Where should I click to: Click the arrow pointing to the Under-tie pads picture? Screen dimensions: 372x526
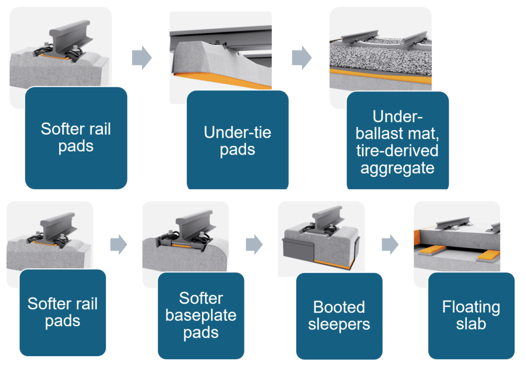coord(142,58)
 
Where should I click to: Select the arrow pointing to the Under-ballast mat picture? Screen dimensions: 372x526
coord(302,58)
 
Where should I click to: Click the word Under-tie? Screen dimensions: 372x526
coord(237,133)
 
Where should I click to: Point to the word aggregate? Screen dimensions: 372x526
coord(398,168)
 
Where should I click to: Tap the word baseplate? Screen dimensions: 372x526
coord(201,315)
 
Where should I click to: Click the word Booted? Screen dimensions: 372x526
coord(339,307)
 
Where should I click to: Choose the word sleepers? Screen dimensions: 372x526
coord(339,324)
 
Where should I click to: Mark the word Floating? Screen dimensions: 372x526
coord(471,307)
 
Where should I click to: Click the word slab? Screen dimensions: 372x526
coord(471,324)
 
